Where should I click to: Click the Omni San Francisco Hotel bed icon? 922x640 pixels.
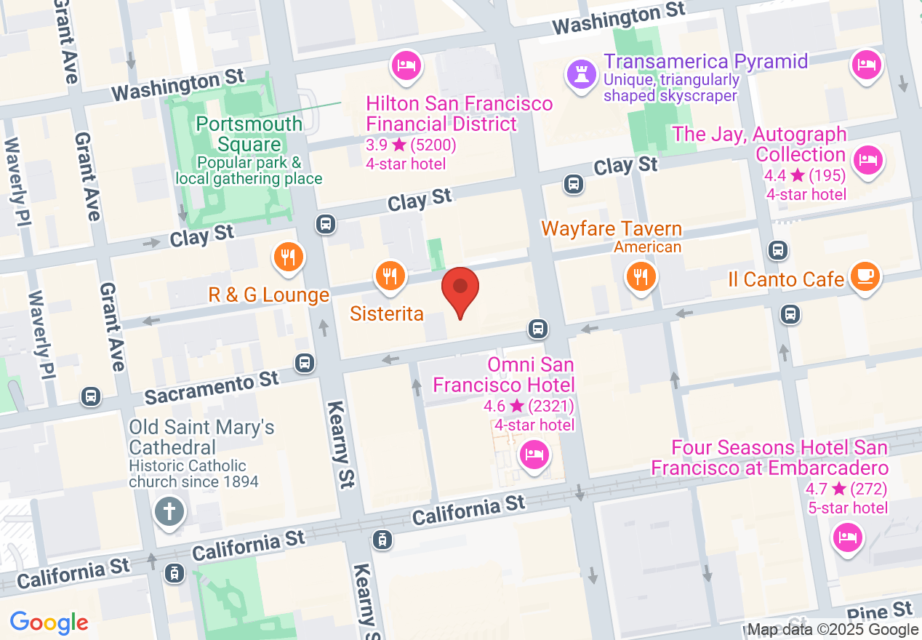[x=534, y=456]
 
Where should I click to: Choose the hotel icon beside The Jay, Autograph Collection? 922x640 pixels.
[x=867, y=159]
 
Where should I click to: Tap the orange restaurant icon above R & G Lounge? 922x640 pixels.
[x=289, y=257]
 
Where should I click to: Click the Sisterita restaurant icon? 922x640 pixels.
[x=390, y=276]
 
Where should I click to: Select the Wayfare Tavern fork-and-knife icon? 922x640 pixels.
[x=640, y=276]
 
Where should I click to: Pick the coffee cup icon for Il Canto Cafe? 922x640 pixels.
[x=865, y=276]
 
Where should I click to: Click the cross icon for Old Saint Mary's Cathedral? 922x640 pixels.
[x=169, y=512]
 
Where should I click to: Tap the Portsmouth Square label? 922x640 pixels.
[x=249, y=134]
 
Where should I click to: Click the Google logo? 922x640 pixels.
[x=49, y=623]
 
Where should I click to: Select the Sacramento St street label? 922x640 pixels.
[x=212, y=388]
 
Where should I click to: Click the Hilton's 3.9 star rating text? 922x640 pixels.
[x=411, y=145]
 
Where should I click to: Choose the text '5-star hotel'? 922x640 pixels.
[x=848, y=508]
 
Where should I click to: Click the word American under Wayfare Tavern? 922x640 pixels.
[x=647, y=247]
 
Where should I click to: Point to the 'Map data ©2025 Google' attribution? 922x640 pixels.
[x=833, y=631]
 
